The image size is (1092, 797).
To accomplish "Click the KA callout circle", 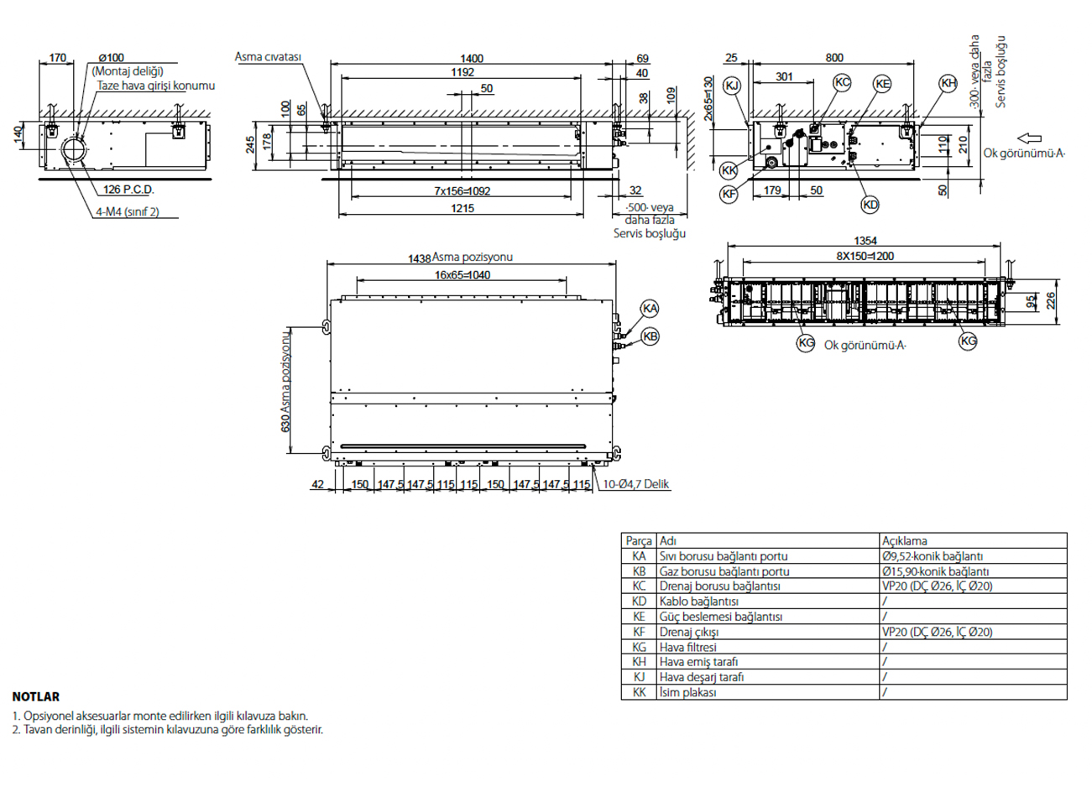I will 650,309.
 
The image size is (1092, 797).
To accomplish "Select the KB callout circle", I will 650,336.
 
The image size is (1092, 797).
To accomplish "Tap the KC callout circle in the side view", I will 842,82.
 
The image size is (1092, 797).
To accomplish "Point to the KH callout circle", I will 948,82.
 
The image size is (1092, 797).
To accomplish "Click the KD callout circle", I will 870,205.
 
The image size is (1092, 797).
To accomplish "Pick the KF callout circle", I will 729,194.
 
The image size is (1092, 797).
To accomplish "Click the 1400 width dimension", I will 472,59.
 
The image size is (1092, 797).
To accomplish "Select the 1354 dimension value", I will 865,242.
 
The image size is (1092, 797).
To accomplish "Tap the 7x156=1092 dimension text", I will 462,191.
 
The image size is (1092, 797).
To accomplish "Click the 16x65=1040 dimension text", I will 462,275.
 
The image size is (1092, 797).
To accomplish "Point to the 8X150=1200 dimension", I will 865,257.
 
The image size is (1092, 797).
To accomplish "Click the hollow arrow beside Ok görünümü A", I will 1029,138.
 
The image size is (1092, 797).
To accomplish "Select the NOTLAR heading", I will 36,696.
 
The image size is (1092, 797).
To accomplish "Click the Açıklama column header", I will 904,541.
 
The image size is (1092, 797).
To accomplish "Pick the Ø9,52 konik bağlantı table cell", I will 933,556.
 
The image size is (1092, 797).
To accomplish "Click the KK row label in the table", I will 640,692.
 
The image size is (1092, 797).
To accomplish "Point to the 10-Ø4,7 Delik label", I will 636,484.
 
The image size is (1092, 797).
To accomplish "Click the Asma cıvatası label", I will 268,57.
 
